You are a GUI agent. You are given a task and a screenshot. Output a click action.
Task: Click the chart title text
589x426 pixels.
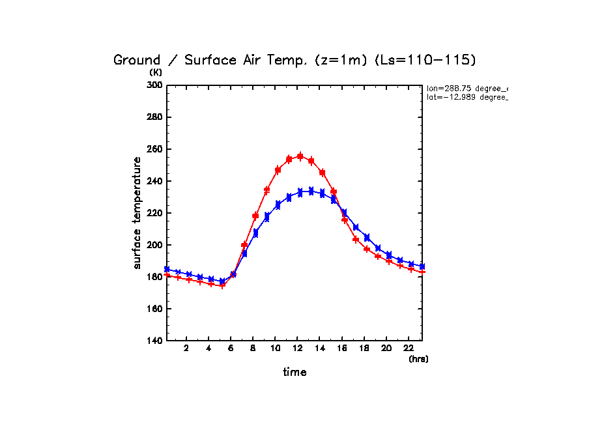coord(294,60)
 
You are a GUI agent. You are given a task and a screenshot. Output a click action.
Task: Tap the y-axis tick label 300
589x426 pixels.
coord(154,85)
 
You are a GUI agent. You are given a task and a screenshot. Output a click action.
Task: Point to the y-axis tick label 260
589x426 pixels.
coord(154,149)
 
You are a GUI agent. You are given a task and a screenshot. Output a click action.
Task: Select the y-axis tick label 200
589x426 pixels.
coord(154,245)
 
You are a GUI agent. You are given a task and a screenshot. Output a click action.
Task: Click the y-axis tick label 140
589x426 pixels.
coord(154,341)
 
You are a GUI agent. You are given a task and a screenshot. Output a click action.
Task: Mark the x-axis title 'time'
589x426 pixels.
coord(294,373)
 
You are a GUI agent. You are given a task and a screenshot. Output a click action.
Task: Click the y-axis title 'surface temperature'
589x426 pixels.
coord(137,213)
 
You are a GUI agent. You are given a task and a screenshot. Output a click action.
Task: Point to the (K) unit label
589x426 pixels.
coord(156,72)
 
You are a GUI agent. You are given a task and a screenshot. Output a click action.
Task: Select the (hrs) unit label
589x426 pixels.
coord(418,359)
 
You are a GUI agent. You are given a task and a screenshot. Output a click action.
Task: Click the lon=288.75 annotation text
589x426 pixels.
coord(467,87)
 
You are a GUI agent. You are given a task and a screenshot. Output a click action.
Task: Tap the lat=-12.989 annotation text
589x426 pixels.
coord(467,97)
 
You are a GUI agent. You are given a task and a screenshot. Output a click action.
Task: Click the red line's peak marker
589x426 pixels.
coord(300,156)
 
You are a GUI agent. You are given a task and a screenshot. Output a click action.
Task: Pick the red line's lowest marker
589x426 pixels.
coord(222,285)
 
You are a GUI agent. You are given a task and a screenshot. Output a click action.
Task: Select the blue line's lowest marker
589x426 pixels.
coord(222,281)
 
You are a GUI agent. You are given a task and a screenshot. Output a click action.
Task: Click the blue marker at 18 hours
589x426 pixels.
coord(367,237)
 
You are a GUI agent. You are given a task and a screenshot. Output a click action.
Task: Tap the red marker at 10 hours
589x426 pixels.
coord(278,170)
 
